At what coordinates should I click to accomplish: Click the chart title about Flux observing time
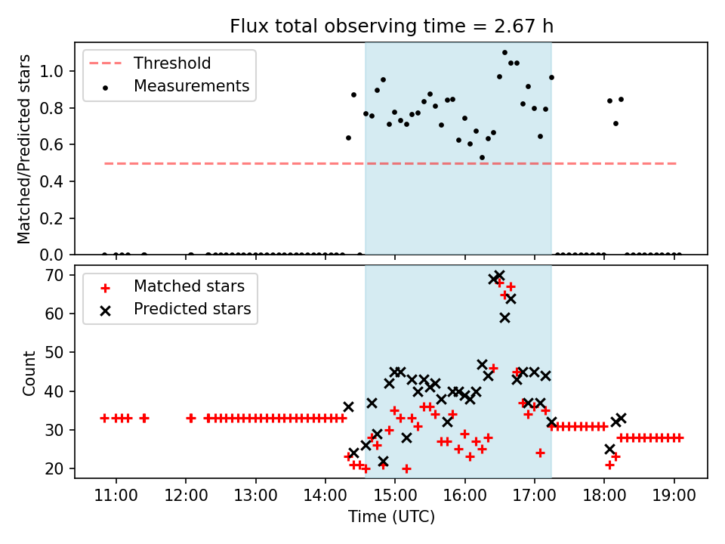coord(392,26)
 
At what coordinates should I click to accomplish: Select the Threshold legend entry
coord(172,63)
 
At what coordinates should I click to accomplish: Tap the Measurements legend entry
coord(191,86)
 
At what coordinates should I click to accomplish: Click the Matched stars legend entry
coord(189,286)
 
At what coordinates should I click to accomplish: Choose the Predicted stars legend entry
coord(192,309)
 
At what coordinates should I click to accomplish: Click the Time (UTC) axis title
coord(391,518)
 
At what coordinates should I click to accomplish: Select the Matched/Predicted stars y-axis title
coord(25,149)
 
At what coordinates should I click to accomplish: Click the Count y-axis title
coord(29,373)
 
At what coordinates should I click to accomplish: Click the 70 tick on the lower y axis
coord(60,275)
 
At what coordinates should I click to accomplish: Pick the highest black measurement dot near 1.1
coord(504,53)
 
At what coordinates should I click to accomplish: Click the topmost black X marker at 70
coord(499,275)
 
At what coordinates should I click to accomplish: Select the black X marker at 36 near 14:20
coord(348,406)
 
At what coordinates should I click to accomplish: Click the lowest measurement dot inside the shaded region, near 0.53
coord(482,157)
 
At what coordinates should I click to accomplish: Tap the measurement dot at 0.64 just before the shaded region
coord(348,138)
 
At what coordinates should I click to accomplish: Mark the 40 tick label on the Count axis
coord(60,391)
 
